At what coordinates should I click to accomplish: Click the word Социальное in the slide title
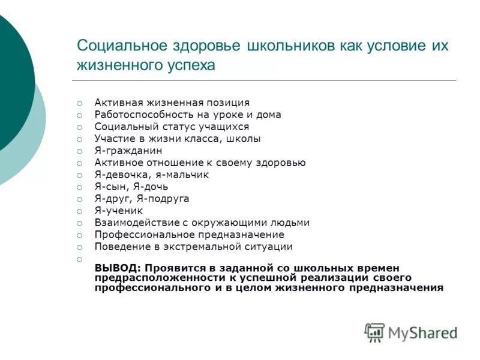pos(119,46)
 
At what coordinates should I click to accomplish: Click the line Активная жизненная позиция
pos(172,103)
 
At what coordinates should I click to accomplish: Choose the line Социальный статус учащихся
pos(172,127)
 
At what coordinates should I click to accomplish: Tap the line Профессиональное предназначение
pos(189,235)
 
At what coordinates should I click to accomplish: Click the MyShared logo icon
pos(374,332)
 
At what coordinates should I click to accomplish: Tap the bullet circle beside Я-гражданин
pos(79,151)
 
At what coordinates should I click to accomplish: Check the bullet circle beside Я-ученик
pos(79,211)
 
